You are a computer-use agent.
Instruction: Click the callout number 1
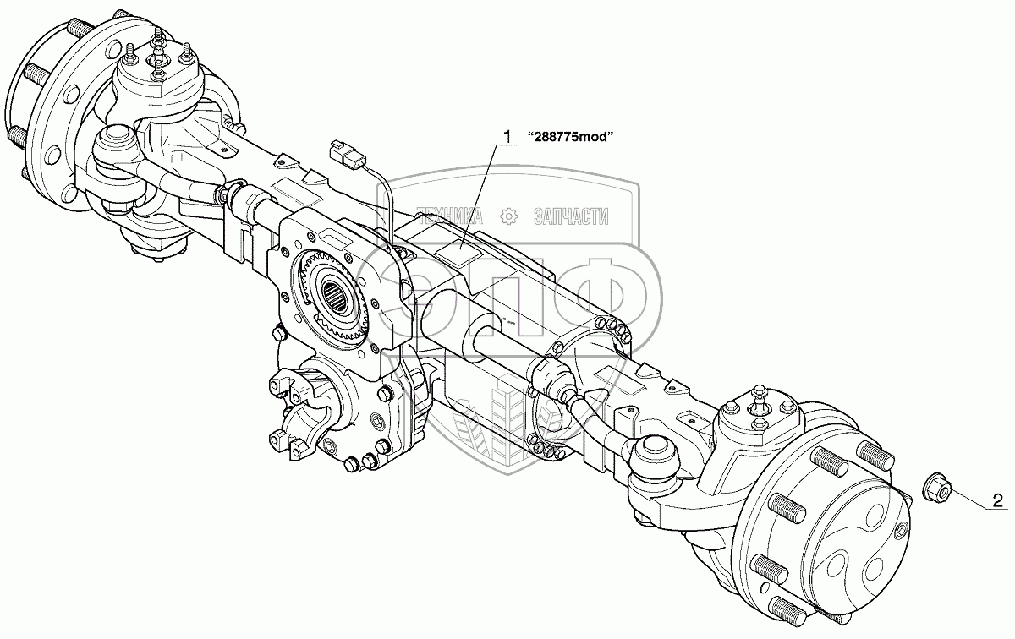coord(507,136)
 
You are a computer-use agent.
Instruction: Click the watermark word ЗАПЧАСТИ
coord(572,217)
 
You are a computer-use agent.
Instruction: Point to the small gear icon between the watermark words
coord(509,217)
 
